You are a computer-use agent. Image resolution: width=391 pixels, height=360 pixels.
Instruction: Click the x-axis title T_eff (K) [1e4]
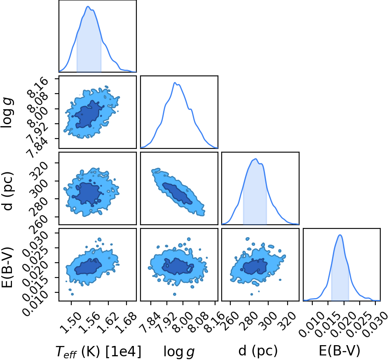click(x=98, y=351)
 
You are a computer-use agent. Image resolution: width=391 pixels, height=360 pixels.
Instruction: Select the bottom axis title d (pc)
click(x=258, y=351)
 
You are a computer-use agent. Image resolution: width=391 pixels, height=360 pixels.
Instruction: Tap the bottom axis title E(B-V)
click(x=339, y=351)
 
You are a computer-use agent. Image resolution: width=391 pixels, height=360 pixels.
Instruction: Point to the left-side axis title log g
click(x=7, y=113)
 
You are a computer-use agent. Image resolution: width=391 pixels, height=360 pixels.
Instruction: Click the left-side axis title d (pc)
click(x=7, y=191)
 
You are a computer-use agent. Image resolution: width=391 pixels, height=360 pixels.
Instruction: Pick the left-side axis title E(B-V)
click(x=7, y=267)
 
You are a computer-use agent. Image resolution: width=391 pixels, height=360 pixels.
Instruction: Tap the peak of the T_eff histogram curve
click(x=88, y=7)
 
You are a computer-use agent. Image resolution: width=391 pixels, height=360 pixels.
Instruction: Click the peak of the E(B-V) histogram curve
click(x=340, y=235)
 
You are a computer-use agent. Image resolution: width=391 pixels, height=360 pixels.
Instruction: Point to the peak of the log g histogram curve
click(x=175, y=82)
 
